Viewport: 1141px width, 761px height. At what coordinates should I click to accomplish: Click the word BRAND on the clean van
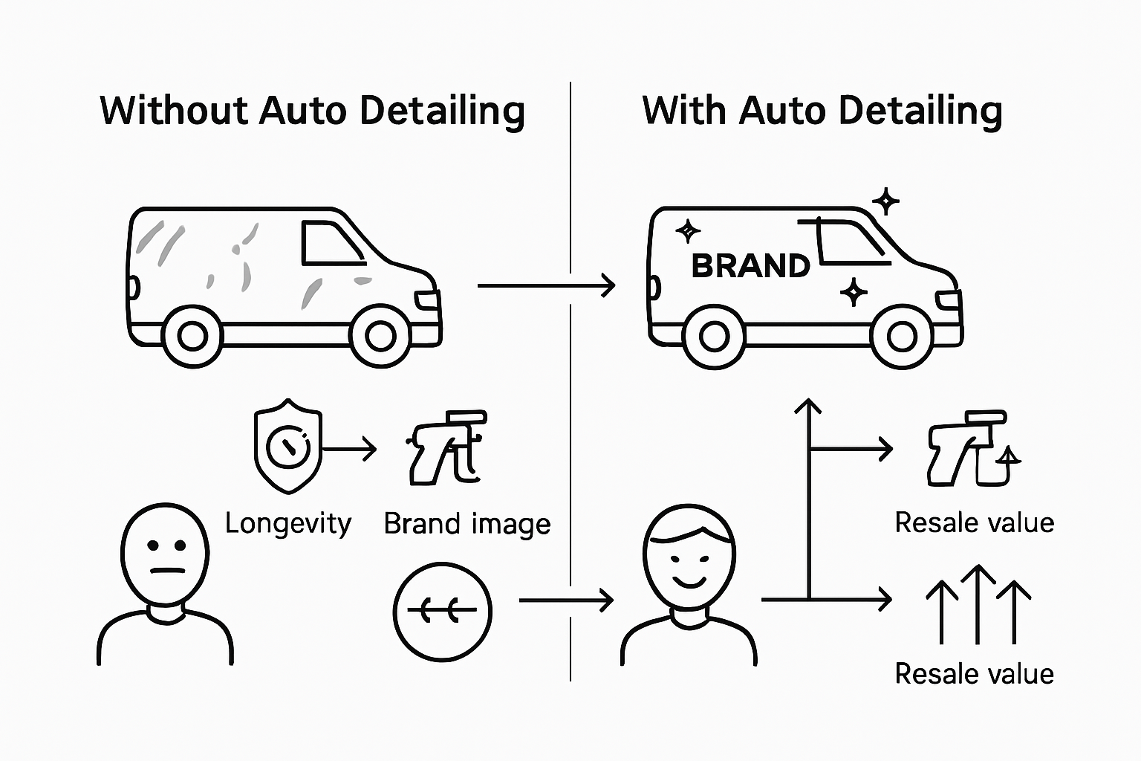(750, 266)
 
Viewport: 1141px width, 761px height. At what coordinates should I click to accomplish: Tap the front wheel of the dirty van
(380, 336)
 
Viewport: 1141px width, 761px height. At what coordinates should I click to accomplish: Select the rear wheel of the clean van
(714, 337)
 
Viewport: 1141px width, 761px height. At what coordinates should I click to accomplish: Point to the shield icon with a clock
(287, 449)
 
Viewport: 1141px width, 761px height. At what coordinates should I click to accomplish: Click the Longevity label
(287, 524)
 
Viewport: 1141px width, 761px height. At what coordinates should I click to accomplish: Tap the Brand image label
(467, 524)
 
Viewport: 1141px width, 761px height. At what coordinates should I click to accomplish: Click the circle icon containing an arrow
(442, 612)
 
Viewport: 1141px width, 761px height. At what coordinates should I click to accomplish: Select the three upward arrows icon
(978, 603)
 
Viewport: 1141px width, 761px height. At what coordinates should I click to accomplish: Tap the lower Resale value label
(974, 674)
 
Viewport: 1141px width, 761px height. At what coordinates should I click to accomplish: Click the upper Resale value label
(974, 522)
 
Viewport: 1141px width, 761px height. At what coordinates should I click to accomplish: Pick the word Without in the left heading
(174, 111)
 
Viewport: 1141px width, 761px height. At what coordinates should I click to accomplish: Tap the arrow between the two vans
(546, 285)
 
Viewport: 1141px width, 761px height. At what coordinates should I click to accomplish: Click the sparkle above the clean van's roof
(885, 201)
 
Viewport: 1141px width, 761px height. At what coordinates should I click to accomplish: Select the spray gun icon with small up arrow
(972, 448)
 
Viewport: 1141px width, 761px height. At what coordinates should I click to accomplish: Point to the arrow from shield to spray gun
(349, 449)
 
